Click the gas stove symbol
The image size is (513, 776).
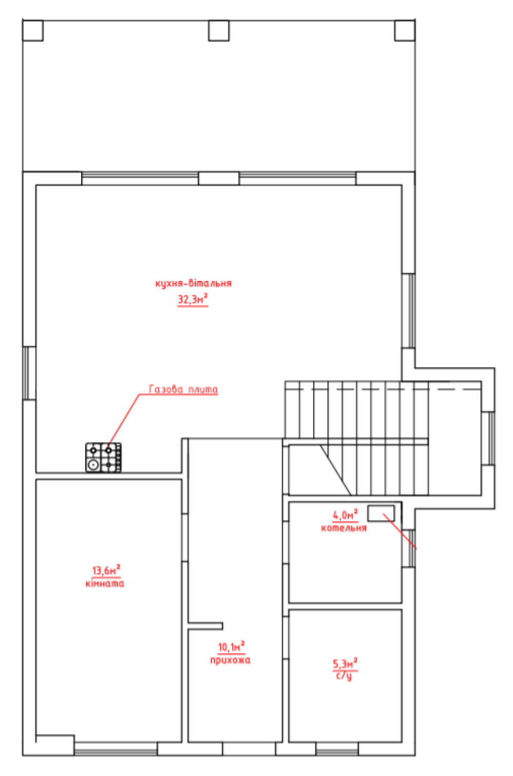click(103, 457)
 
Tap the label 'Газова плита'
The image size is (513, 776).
click(183, 389)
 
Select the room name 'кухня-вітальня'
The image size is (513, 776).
click(193, 283)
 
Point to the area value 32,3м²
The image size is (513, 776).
click(193, 299)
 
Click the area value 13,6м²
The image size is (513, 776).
click(106, 570)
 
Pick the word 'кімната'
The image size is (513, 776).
click(105, 584)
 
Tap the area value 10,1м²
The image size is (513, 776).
click(231, 647)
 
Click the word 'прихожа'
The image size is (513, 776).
click(231, 660)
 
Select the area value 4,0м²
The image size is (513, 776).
click(345, 515)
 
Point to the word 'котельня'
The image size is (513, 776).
click(344, 528)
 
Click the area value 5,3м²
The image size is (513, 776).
click(345, 664)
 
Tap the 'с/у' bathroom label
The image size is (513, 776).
click(344, 676)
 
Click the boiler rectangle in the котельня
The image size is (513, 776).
click(381, 513)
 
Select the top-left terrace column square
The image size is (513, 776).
click(33, 30)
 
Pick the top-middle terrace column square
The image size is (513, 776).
click(219, 30)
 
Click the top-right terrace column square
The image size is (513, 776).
click(405, 30)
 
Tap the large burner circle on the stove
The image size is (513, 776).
click(93, 465)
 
